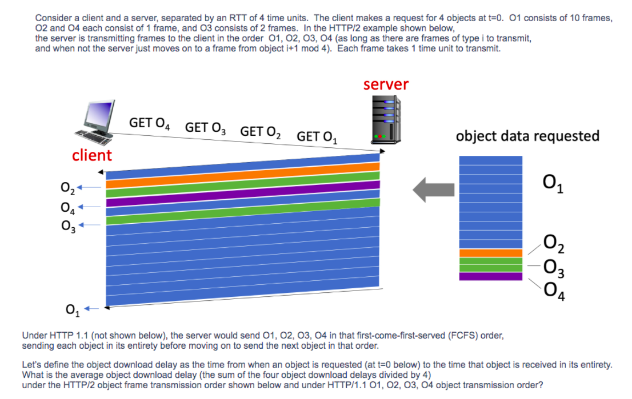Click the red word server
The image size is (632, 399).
tap(386, 84)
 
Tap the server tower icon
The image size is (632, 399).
tap(384, 118)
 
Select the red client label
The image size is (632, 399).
tap(92, 155)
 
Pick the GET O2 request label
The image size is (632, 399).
tap(261, 132)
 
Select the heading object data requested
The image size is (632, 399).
tap(527, 136)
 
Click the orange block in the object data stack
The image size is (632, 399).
tap(490, 253)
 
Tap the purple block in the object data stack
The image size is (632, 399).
tap(490, 276)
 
